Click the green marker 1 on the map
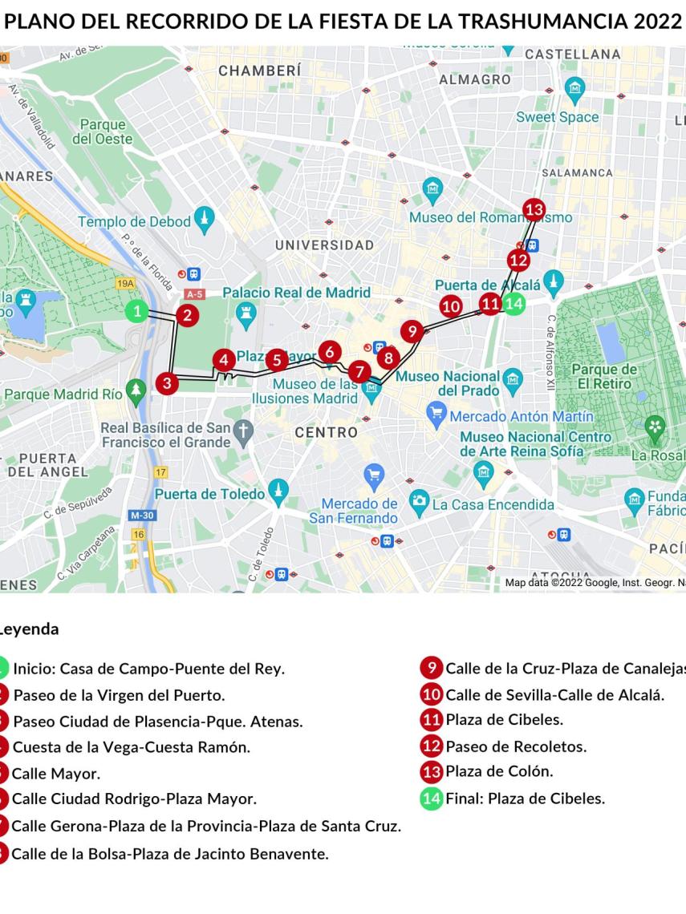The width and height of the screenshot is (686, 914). point(138,312)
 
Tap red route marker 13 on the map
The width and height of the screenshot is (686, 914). point(534,209)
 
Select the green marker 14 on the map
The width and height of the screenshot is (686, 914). point(513,303)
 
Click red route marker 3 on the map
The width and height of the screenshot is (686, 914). point(166,382)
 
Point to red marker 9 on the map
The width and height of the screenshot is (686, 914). point(412,330)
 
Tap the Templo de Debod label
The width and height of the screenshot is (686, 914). point(134,221)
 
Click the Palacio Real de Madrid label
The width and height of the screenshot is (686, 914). point(296,293)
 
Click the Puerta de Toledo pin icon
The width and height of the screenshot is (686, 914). point(278,491)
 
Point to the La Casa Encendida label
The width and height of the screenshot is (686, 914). point(493,504)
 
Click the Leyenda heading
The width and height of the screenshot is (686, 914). point(30,629)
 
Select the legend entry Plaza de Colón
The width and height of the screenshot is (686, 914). point(499,771)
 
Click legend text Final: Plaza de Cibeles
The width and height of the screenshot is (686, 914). point(525,798)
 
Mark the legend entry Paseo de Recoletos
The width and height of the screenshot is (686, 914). point(516,746)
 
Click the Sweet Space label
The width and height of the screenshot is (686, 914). point(557,117)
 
